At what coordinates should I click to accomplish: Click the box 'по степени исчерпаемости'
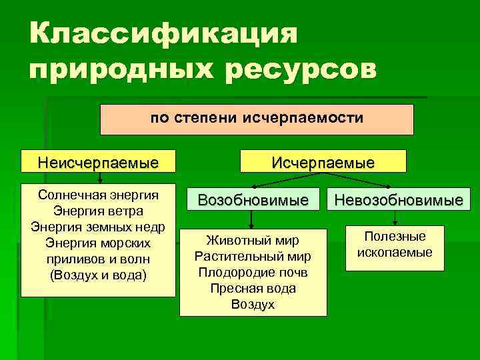[257, 119]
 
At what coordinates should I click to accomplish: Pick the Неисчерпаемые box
[98, 161]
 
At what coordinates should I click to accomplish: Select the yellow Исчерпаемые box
[323, 161]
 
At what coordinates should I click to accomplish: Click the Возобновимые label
[253, 199]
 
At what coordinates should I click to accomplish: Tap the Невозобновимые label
[399, 200]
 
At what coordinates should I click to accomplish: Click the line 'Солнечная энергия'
[99, 195]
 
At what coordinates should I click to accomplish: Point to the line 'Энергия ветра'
[99, 211]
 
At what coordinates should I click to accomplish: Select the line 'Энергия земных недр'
[99, 227]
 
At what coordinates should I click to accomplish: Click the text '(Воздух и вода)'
[99, 274]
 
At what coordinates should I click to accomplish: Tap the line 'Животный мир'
[253, 241]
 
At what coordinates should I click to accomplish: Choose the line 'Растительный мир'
[253, 257]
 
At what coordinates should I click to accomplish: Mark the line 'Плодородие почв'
[253, 273]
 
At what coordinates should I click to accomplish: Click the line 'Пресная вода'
[253, 289]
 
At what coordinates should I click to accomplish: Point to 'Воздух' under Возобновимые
[253, 305]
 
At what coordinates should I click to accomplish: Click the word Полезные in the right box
[395, 237]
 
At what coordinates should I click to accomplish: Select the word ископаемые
[395, 253]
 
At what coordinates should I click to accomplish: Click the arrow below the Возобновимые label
[251, 220]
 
